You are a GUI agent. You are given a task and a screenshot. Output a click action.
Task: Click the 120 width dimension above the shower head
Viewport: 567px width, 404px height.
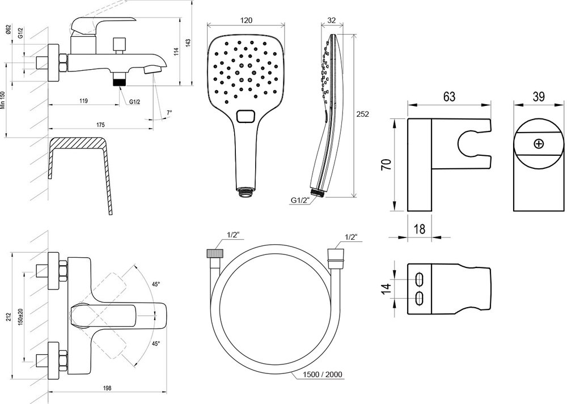[246, 20]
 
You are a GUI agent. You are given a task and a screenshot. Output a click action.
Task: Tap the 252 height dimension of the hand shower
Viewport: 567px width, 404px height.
[363, 114]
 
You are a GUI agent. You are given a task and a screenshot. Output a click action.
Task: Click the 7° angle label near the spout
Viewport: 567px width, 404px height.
[169, 113]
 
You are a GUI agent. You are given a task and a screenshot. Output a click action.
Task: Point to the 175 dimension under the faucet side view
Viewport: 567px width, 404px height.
[101, 124]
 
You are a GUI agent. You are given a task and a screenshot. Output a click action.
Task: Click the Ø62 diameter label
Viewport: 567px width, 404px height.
[9, 31]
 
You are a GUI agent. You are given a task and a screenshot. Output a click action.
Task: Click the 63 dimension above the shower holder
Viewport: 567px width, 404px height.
[449, 97]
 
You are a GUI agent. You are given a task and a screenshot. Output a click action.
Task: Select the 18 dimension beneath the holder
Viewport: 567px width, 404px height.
[420, 229]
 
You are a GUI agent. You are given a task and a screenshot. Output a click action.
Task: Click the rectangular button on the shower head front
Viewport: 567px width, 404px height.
[246, 116]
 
